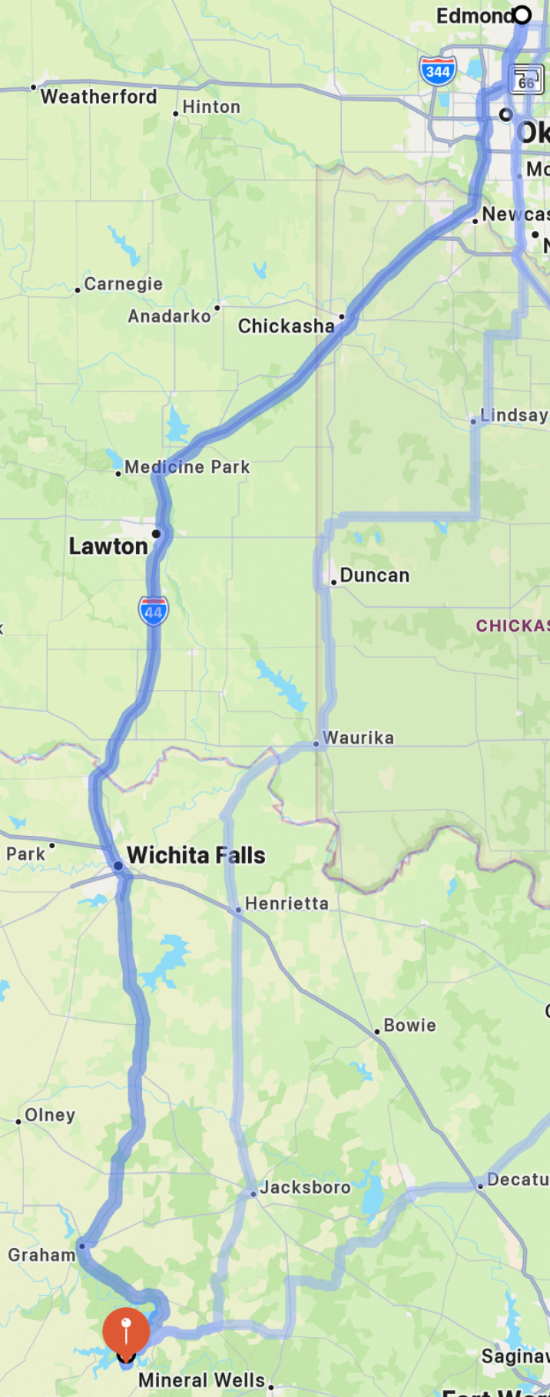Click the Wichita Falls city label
pos(196,855)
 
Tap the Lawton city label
pos(108,547)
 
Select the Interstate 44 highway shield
pos(154,611)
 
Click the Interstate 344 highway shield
pos(438,71)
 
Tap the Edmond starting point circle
pos(522,15)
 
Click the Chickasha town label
pos(286,326)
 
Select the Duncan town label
pos(374,576)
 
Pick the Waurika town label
pos(358,738)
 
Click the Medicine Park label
pos(187,467)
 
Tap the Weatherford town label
pos(98,97)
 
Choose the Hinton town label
pos(211,107)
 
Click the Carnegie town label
pos(123,284)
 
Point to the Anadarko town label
pos(169,316)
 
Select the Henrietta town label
pos(286,903)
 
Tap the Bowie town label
pos(409,1025)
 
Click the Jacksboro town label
pos(305,1187)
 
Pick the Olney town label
pos(50,1115)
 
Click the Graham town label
pos(41,1255)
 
